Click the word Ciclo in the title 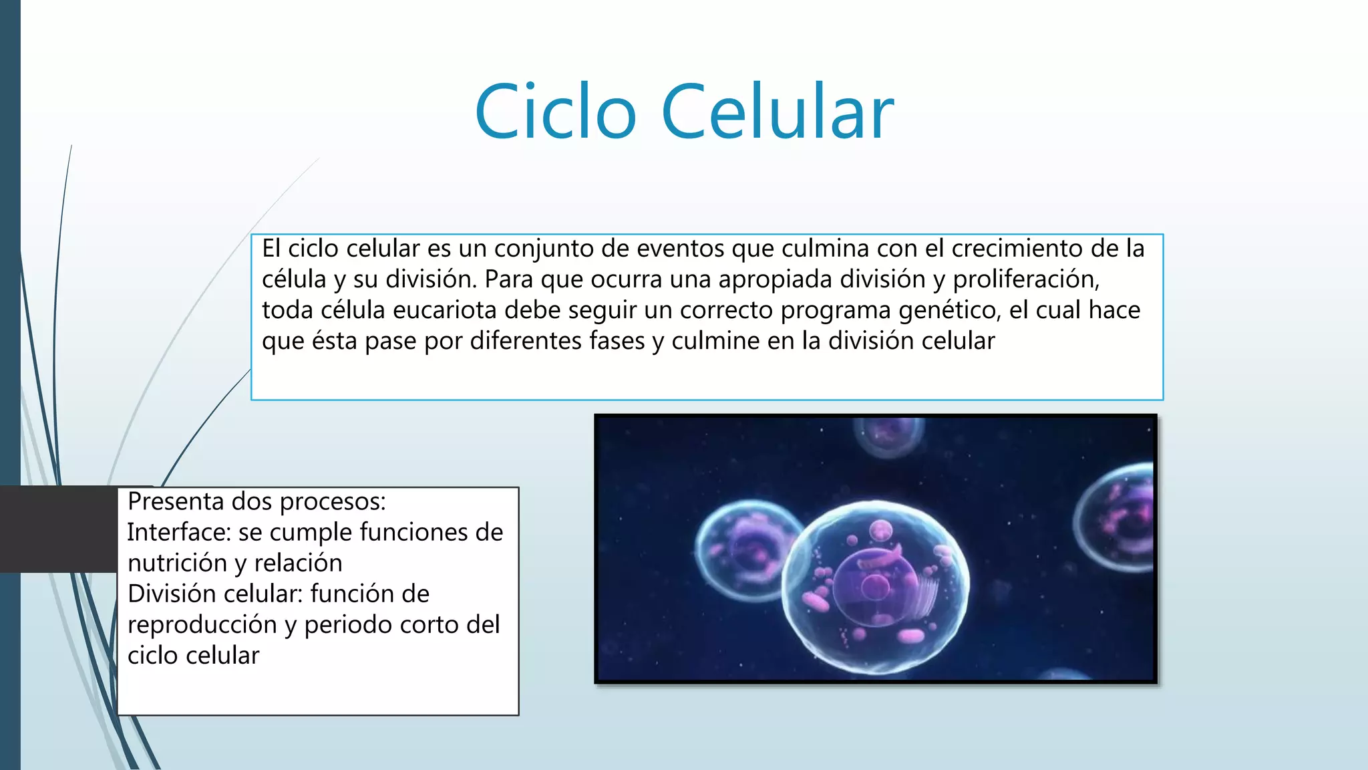555,112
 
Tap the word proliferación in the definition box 1025,279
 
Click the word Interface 178,532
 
